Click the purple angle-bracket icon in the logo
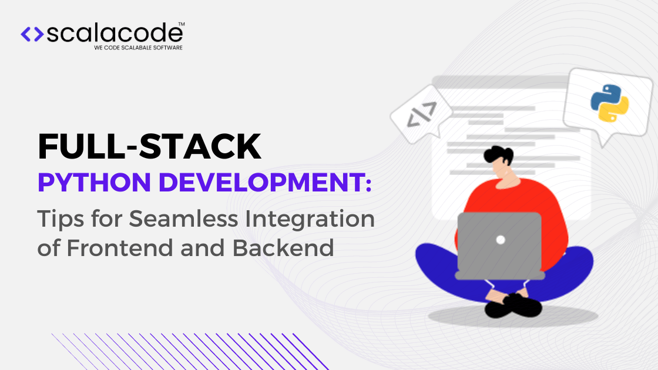(32, 35)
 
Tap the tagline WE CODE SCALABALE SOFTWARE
(138, 48)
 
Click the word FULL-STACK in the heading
(149, 147)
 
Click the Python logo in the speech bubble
(609, 103)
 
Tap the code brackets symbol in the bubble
(421, 115)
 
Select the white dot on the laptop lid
(501, 240)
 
